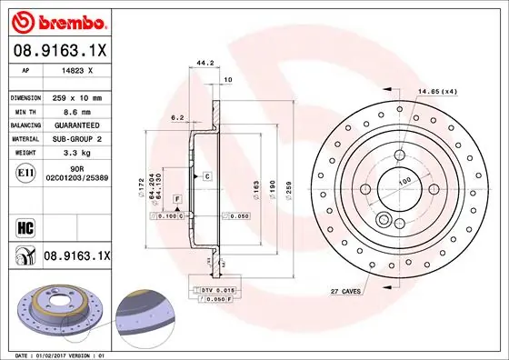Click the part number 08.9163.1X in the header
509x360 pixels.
(60, 52)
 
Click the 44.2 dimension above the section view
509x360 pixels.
(205, 64)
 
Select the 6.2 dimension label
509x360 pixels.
(177, 117)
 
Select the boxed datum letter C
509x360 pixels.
(207, 175)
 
